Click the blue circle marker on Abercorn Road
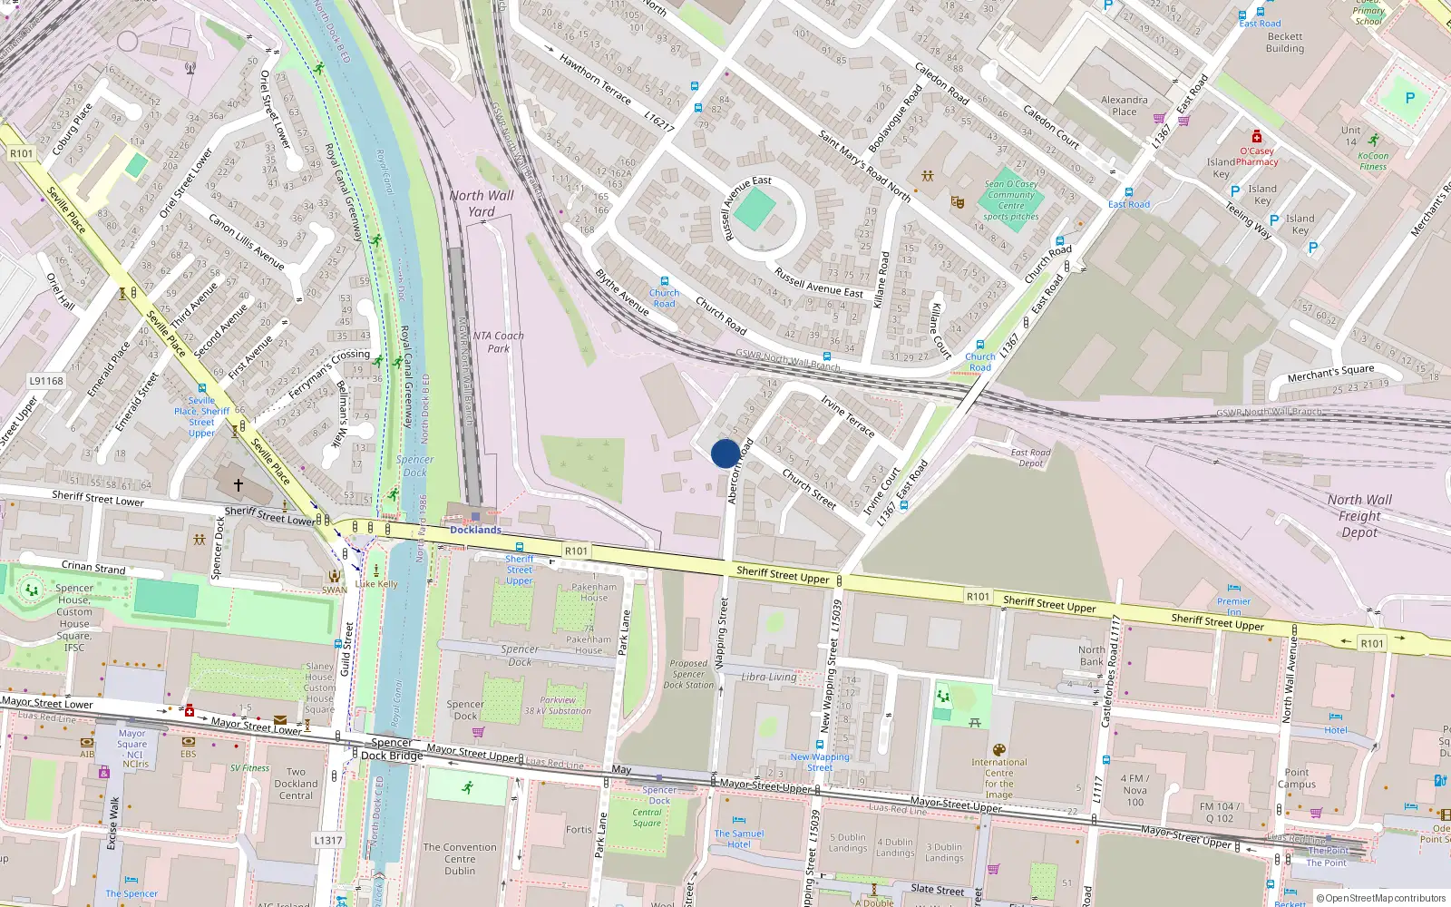tap(725, 453)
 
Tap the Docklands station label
tap(475, 530)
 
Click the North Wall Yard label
tap(481, 203)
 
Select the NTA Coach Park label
tap(498, 342)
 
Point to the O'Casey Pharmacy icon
tap(1256, 137)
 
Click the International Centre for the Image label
tap(998, 778)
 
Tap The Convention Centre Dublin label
tap(460, 859)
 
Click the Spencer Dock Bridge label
tap(392, 749)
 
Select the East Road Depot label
tap(1030, 457)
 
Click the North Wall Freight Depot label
tap(1358, 516)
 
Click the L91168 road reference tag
tap(46, 381)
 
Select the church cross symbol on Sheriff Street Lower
tap(239, 485)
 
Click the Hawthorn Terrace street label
tap(595, 79)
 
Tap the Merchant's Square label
tap(1330, 373)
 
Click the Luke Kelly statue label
tap(376, 584)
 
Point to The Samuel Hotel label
tap(739, 839)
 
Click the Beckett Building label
tap(1285, 43)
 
